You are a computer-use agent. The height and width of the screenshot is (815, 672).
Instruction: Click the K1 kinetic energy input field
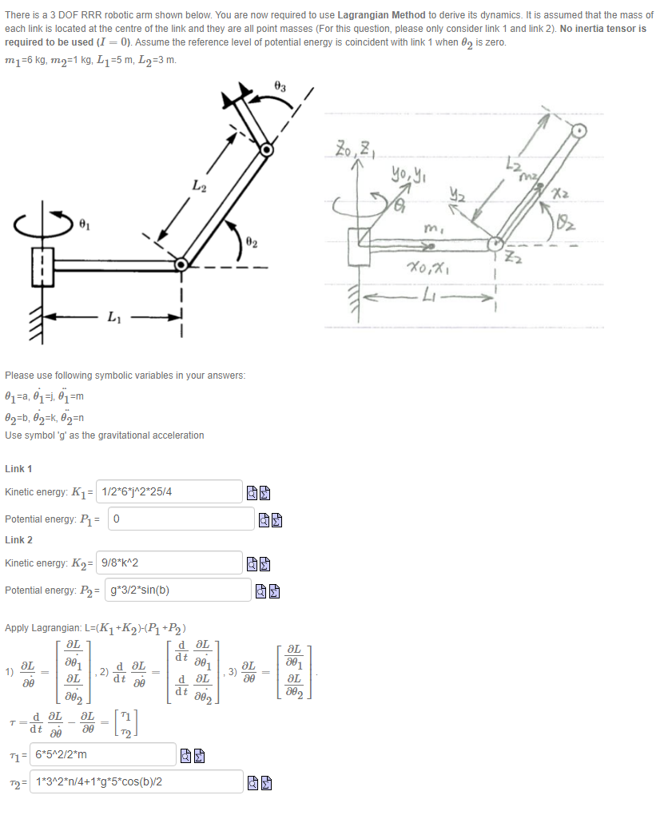pyautogui.click(x=169, y=491)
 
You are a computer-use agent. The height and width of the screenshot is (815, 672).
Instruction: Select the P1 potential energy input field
pyautogui.click(x=181, y=519)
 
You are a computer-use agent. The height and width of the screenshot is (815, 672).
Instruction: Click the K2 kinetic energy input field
pyautogui.click(x=169, y=563)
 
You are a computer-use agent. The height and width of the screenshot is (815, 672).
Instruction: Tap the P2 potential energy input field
pyautogui.click(x=178, y=590)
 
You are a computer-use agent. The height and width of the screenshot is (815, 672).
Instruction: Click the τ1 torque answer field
pyautogui.click(x=103, y=754)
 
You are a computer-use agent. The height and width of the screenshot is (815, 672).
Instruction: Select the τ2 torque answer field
pyautogui.click(x=136, y=781)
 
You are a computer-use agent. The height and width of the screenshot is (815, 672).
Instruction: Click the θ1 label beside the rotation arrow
pyautogui.click(x=84, y=225)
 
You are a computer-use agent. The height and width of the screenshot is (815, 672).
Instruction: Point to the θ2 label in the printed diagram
pyautogui.click(x=252, y=243)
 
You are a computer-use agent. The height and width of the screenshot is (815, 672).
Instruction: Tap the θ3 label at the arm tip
pyautogui.click(x=280, y=87)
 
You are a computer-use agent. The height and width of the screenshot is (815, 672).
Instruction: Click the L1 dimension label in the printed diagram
pyautogui.click(x=113, y=316)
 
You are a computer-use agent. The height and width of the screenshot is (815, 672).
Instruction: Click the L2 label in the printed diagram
pyautogui.click(x=199, y=185)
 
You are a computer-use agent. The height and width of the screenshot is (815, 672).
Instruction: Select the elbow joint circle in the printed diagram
pyautogui.click(x=181, y=264)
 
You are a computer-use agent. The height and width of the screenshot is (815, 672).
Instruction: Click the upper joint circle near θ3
pyautogui.click(x=267, y=149)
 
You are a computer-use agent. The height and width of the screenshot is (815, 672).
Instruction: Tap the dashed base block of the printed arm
pyautogui.click(x=42, y=267)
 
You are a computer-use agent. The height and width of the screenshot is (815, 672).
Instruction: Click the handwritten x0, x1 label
pyautogui.click(x=429, y=268)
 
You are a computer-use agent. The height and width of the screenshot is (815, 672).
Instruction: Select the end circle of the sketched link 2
pyautogui.click(x=579, y=130)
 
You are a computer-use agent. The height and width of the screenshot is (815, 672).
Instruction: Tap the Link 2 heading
pyautogui.click(x=18, y=540)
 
